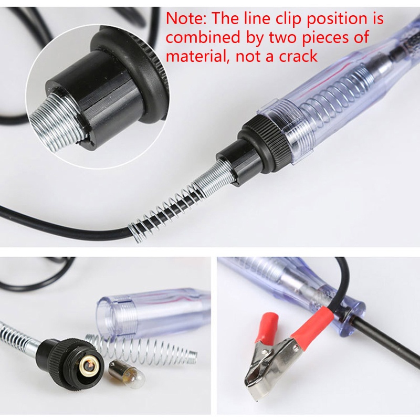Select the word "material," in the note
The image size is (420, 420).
(x=197, y=55)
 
